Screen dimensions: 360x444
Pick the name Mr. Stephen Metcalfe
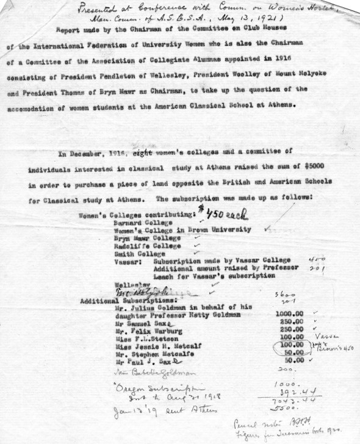point(142,353)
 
